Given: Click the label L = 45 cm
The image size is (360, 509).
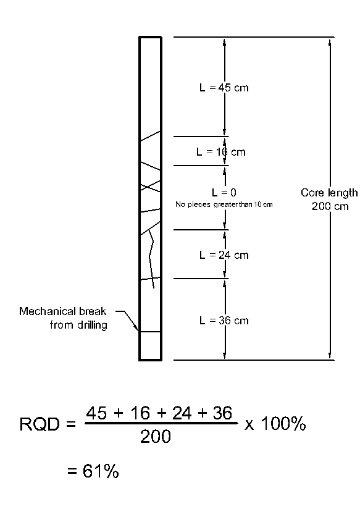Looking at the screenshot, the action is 224,88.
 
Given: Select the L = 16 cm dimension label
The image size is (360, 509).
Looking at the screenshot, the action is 221,152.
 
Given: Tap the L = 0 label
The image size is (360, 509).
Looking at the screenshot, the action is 224,193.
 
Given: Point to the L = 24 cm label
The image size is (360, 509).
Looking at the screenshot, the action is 224,255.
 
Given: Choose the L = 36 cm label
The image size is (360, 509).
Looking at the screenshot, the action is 224,321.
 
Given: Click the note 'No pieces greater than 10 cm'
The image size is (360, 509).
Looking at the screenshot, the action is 224,204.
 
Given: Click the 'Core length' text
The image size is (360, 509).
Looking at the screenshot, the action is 329,193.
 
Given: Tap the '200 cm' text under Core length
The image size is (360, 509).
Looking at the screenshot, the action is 330,206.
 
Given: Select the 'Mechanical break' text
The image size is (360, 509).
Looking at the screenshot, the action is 62,311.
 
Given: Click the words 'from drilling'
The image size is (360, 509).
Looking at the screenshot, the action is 78,325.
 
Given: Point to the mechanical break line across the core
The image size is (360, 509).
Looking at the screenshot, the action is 150,332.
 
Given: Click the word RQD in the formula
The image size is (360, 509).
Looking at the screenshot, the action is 40,424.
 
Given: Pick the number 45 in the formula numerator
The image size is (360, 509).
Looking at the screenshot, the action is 96,413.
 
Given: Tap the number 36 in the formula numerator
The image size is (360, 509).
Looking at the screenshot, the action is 222,413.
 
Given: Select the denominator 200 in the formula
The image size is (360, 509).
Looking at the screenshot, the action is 156,437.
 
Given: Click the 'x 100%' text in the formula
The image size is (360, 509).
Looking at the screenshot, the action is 275,424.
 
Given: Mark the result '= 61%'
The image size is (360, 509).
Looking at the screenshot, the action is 93,471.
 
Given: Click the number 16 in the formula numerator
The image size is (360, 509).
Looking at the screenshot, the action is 140,413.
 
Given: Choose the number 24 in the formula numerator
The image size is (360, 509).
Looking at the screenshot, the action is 182,413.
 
